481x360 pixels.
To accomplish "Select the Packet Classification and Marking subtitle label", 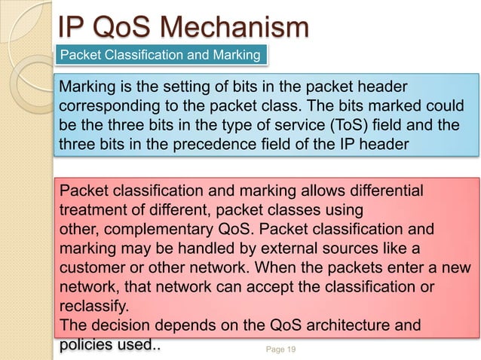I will click(x=160, y=55).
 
